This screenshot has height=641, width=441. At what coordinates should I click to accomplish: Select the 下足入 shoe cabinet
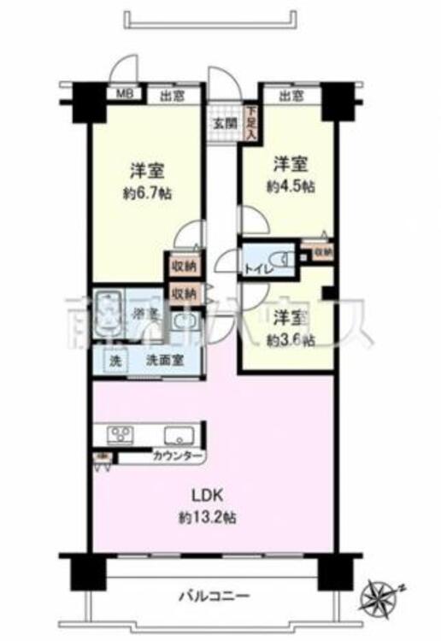coord(251,121)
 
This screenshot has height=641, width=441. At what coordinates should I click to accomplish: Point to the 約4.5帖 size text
coord(288,185)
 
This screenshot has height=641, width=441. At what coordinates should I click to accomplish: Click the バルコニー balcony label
coord(214,595)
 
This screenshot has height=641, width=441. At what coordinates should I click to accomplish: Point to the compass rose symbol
coord(380,593)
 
